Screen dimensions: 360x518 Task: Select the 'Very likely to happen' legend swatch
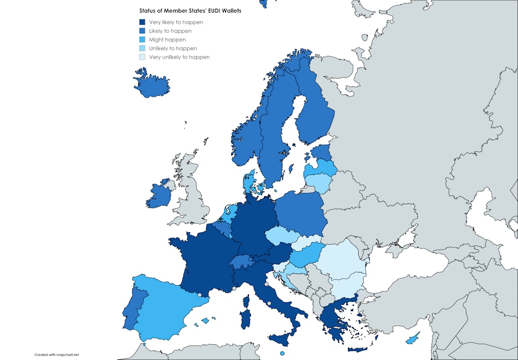coord(143,22)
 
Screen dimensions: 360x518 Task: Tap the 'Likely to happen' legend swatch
coord(143,31)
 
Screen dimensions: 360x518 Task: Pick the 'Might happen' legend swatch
coord(143,39)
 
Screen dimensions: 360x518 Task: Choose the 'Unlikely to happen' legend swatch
coord(143,48)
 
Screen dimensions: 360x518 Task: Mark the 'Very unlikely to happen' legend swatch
coord(143,57)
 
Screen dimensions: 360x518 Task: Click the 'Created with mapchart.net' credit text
coord(57,354)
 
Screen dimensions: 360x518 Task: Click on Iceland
coord(151,84)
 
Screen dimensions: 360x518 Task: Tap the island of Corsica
coord(248,302)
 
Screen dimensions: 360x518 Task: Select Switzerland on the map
coord(242,261)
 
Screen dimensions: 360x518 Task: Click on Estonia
coord(320,152)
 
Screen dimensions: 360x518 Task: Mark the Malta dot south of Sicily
coord(282,353)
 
